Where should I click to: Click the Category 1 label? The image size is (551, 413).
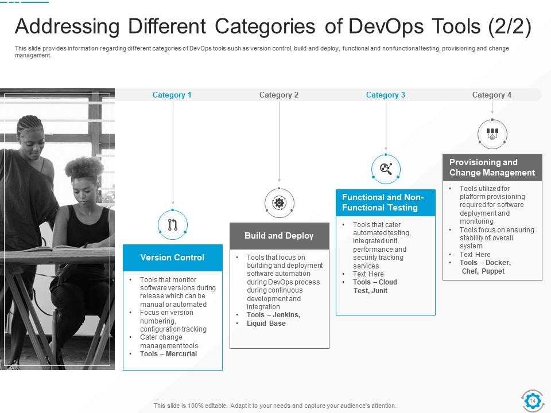(x=172, y=95)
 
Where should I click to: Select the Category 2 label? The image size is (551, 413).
(x=279, y=95)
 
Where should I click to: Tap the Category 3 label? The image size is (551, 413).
(x=386, y=95)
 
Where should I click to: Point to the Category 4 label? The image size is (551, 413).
(x=492, y=95)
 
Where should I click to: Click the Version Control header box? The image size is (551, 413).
(x=173, y=258)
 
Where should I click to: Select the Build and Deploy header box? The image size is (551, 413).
(x=280, y=236)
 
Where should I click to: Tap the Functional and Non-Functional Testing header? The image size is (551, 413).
(x=386, y=202)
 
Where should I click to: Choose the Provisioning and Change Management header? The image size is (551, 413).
(x=492, y=167)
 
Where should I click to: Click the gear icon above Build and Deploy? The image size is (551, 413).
(x=280, y=202)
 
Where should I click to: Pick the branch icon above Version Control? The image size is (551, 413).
(x=173, y=225)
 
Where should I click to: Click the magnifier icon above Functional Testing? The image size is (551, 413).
(x=386, y=169)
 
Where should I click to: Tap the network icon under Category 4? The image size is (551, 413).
(x=492, y=134)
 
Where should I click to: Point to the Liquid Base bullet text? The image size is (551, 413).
(x=266, y=324)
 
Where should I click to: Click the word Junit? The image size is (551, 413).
(x=379, y=291)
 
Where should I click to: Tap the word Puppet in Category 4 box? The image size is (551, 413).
(x=493, y=271)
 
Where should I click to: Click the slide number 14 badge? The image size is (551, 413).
(x=532, y=400)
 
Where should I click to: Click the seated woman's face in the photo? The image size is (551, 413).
(x=83, y=189)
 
